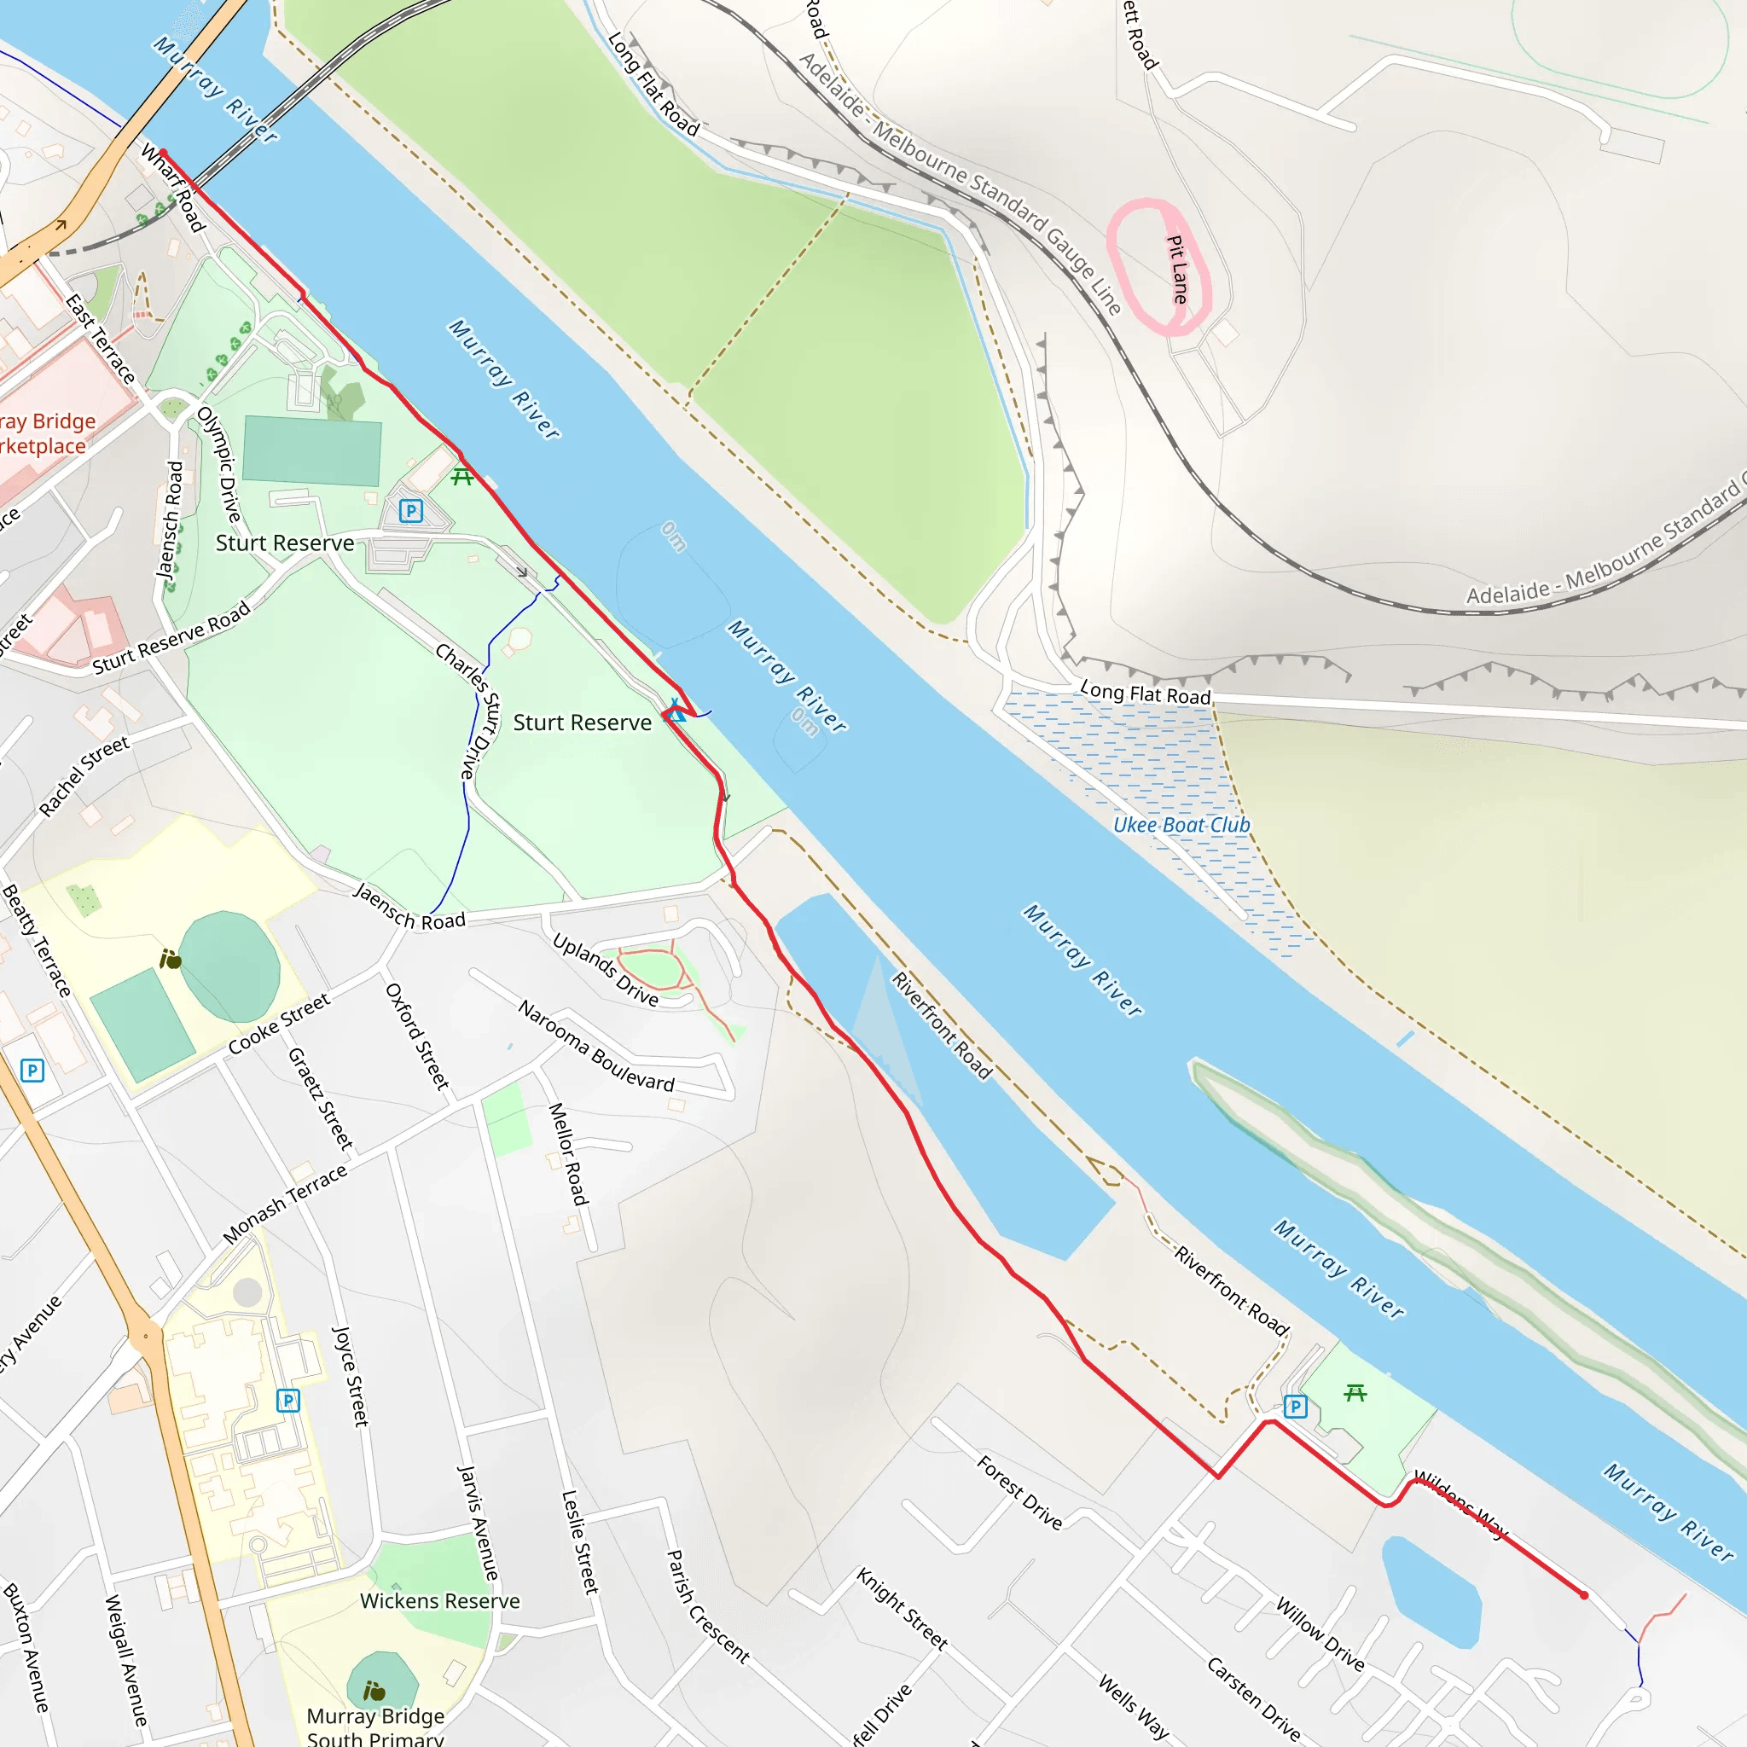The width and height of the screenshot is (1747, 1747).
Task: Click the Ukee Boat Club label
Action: [x=1181, y=825]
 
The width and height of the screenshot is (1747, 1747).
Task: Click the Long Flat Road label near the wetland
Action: [x=1145, y=694]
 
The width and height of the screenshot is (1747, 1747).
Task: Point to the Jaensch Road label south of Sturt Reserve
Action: [x=409, y=907]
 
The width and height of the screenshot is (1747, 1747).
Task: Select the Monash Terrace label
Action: [x=285, y=1204]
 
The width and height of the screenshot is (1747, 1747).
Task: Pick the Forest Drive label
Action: [x=1019, y=1492]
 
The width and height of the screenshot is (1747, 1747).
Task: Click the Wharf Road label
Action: [x=172, y=186]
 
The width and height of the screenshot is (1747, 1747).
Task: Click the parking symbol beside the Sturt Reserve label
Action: [x=411, y=511]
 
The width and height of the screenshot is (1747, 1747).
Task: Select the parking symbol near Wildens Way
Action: [x=1296, y=1406]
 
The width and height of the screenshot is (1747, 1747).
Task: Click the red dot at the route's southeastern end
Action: [x=1583, y=1595]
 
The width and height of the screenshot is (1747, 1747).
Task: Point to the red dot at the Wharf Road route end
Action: [x=164, y=153]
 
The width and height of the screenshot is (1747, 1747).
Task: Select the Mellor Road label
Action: [x=568, y=1154]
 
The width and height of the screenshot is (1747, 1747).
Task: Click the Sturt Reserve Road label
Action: [x=171, y=638]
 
